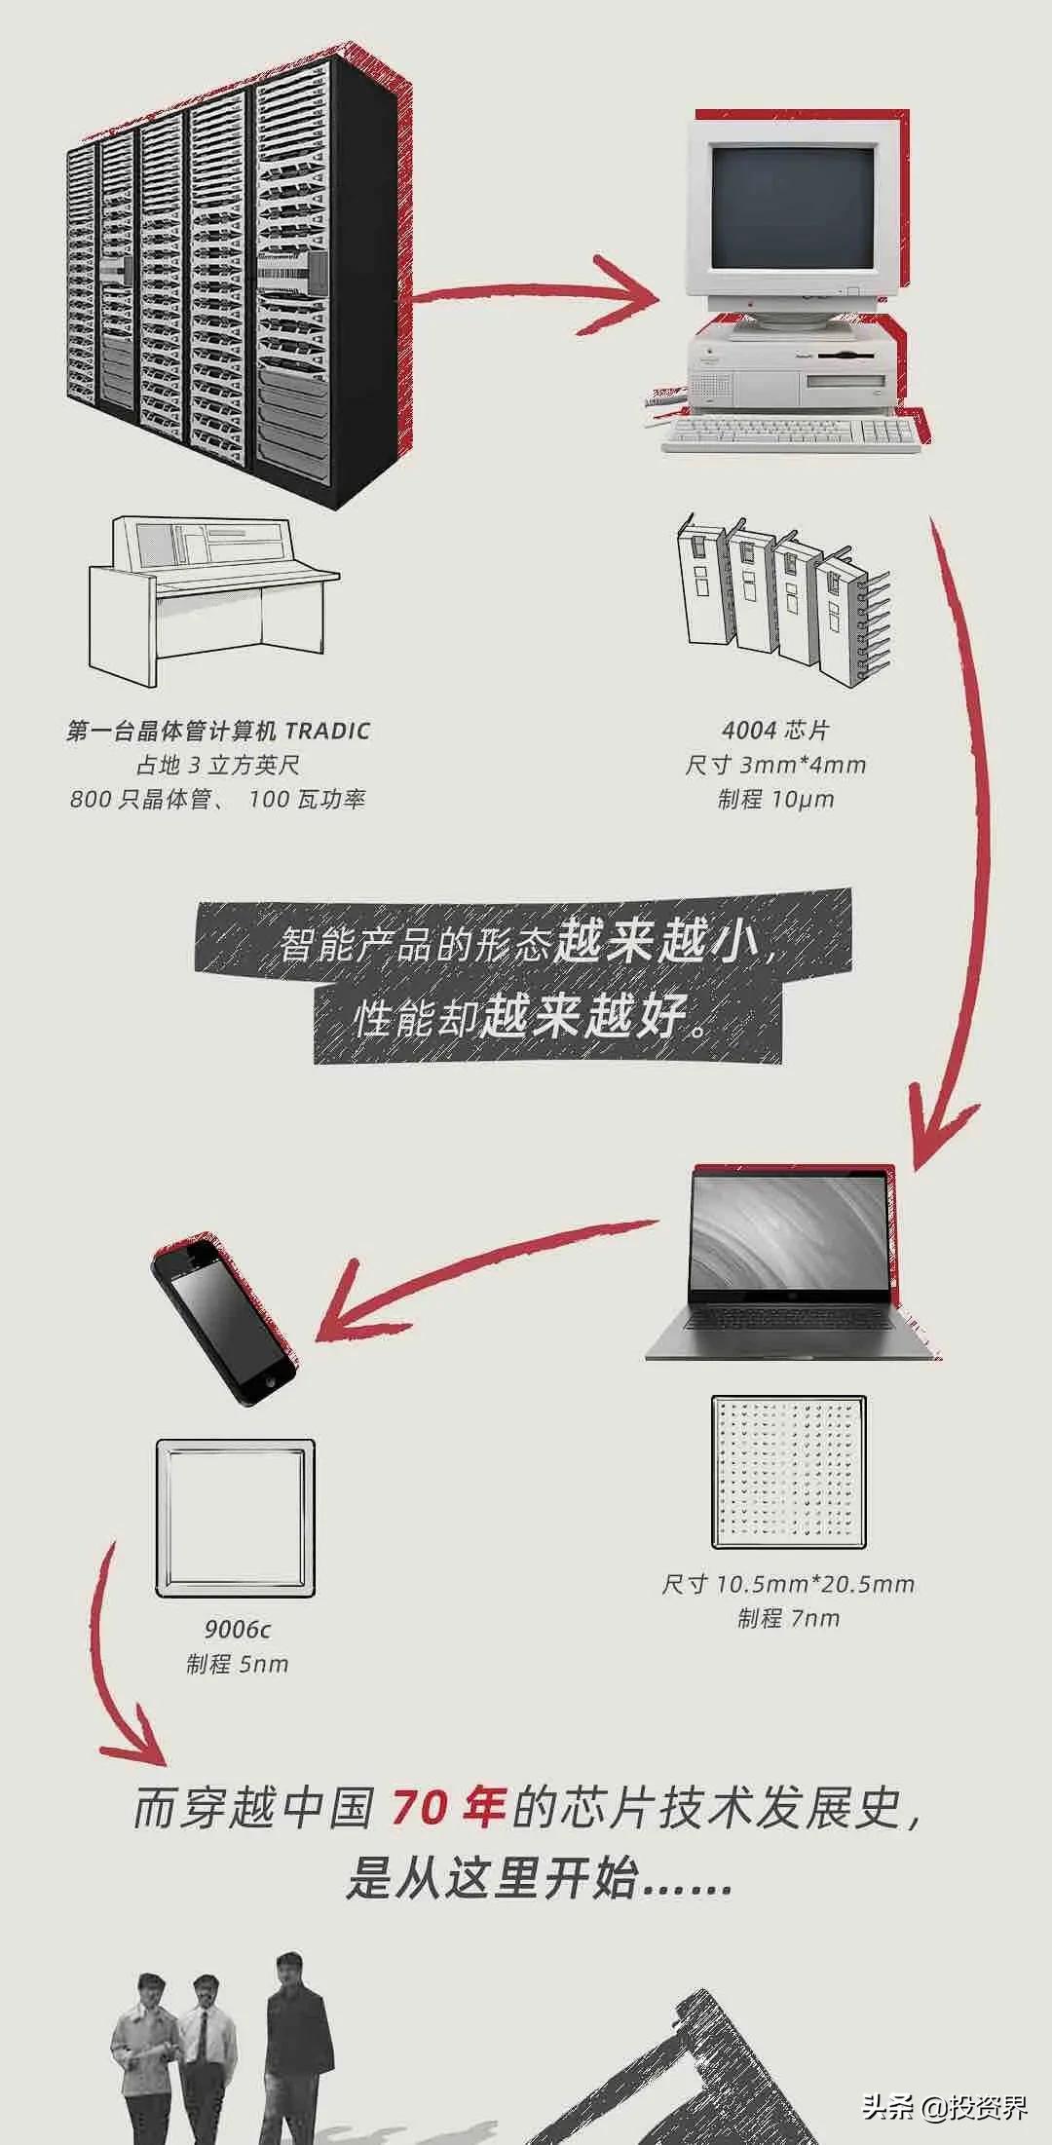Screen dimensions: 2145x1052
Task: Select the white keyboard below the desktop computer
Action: coord(791,434)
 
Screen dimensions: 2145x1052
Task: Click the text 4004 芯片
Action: coord(775,730)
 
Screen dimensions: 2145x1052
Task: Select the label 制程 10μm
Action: coord(775,800)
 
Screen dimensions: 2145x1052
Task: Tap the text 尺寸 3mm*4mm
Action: coord(775,765)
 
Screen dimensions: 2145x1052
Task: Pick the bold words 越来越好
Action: coord(585,1017)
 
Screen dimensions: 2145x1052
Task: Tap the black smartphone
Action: coord(223,1319)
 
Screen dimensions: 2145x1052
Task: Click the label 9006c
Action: coord(237,1629)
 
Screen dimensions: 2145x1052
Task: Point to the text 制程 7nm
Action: coord(788,1619)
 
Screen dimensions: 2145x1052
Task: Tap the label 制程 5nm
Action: coord(237,1664)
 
